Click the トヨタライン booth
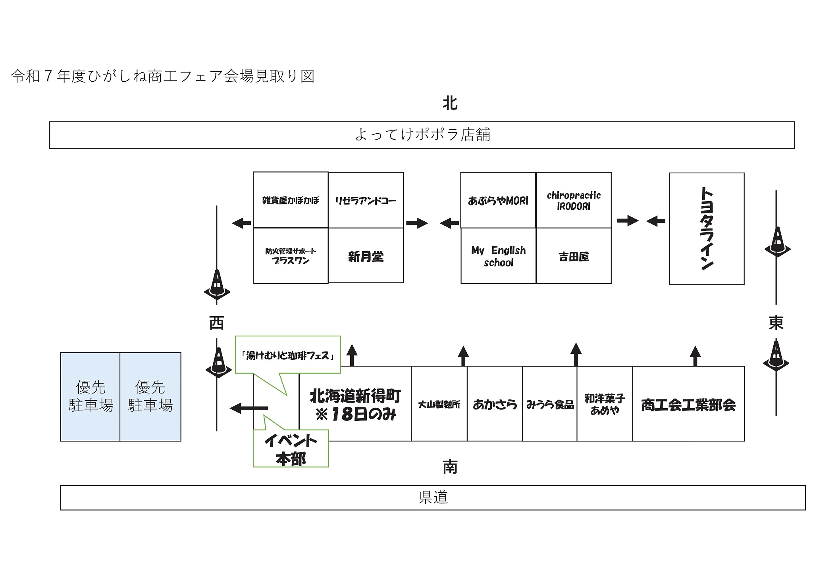(x=706, y=228)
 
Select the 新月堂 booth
(x=366, y=256)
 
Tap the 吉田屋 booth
(x=574, y=256)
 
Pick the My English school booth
(x=498, y=256)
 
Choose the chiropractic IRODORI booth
(x=574, y=200)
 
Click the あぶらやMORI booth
(x=498, y=200)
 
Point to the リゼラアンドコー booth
(x=366, y=200)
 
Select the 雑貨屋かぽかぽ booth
(x=291, y=200)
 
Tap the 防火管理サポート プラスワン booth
(x=291, y=256)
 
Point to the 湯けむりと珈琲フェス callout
(x=288, y=355)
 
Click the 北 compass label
(x=450, y=103)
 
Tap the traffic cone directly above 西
(x=217, y=283)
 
